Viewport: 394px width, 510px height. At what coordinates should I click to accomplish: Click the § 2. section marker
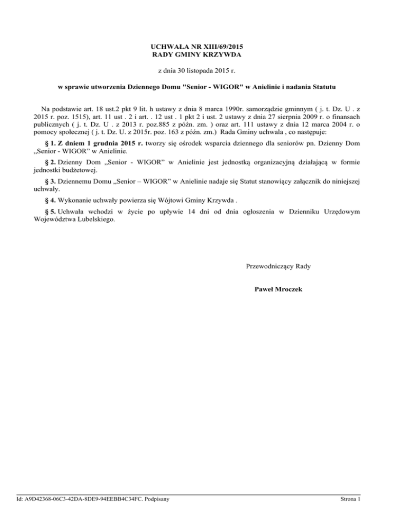click(53, 163)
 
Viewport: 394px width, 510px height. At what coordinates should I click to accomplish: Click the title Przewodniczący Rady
click(278, 266)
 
